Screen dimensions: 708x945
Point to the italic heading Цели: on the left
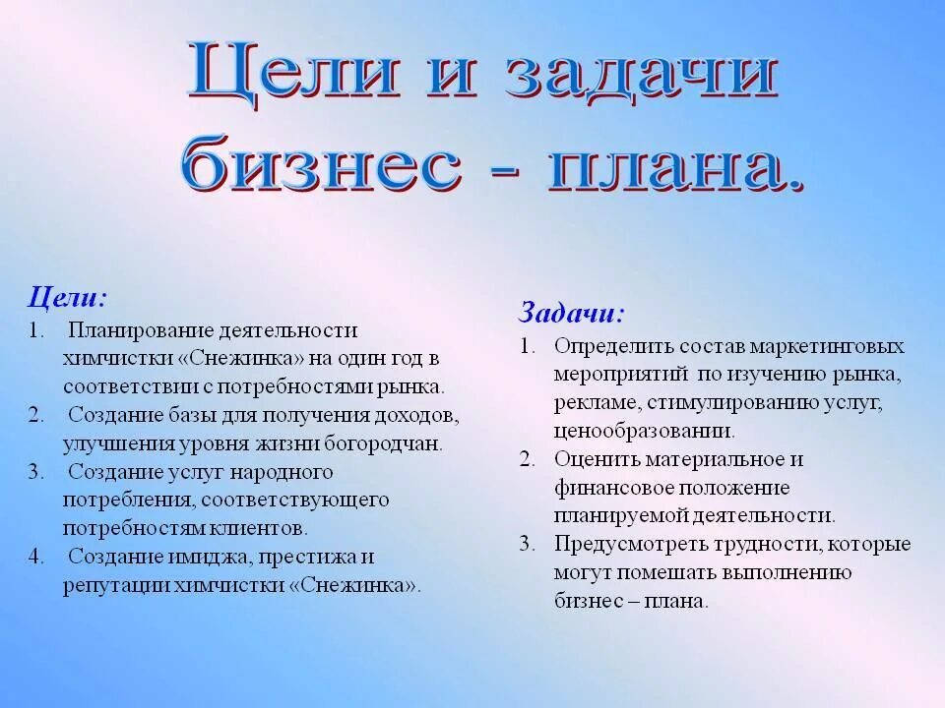pyautogui.click(x=67, y=296)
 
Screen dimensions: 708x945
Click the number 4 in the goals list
pyautogui.click(x=35, y=557)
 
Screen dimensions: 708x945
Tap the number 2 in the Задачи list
pyautogui.click(x=528, y=459)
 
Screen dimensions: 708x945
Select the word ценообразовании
pyautogui.click(x=643, y=431)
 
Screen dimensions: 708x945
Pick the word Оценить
pyautogui.click(x=589, y=459)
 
